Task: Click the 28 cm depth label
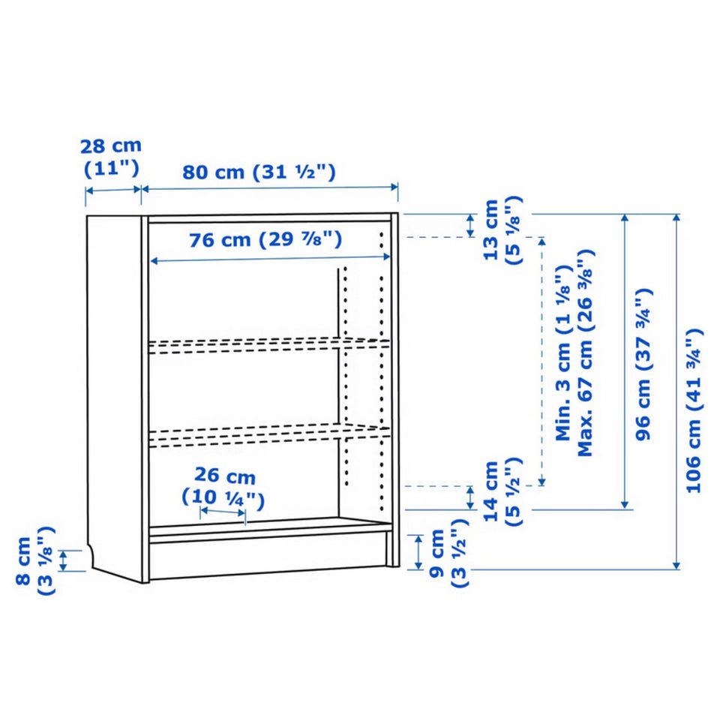point(111,146)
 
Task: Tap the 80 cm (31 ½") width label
point(259,173)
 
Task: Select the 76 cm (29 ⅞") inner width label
point(265,239)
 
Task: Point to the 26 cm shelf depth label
point(225,476)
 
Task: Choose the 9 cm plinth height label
point(436,553)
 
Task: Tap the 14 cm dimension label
point(491,491)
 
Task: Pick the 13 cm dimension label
point(491,230)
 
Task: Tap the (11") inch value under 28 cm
point(112,169)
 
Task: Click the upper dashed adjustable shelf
point(269,346)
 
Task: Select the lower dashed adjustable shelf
point(269,435)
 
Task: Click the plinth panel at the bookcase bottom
point(268,556)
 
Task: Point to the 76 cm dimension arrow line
point(271,260)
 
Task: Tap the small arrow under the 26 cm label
point(223,511)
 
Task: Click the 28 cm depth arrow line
point(113,190)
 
